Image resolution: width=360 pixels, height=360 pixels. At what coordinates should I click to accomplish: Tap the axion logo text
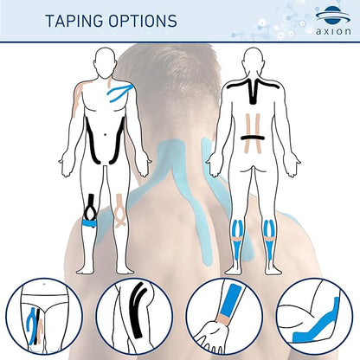coord(333,31)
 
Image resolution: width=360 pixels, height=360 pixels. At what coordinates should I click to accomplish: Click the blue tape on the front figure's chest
coord(119,93)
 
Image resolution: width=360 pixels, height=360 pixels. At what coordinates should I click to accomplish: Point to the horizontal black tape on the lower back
coord(253,138)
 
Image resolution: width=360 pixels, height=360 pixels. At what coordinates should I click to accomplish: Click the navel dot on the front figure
coord(106,134)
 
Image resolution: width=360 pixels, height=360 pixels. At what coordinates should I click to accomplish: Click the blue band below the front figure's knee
coord(89,223)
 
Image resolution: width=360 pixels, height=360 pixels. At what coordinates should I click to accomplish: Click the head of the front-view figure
coord(104,60)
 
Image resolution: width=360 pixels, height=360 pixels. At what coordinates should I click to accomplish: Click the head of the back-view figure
coord(253,60)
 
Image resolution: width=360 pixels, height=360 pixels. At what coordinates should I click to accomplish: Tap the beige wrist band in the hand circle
coord(222,319)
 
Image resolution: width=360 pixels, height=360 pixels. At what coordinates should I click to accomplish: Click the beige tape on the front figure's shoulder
coord(79,97)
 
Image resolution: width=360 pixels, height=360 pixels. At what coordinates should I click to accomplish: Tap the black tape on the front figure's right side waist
coord(91,141)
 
